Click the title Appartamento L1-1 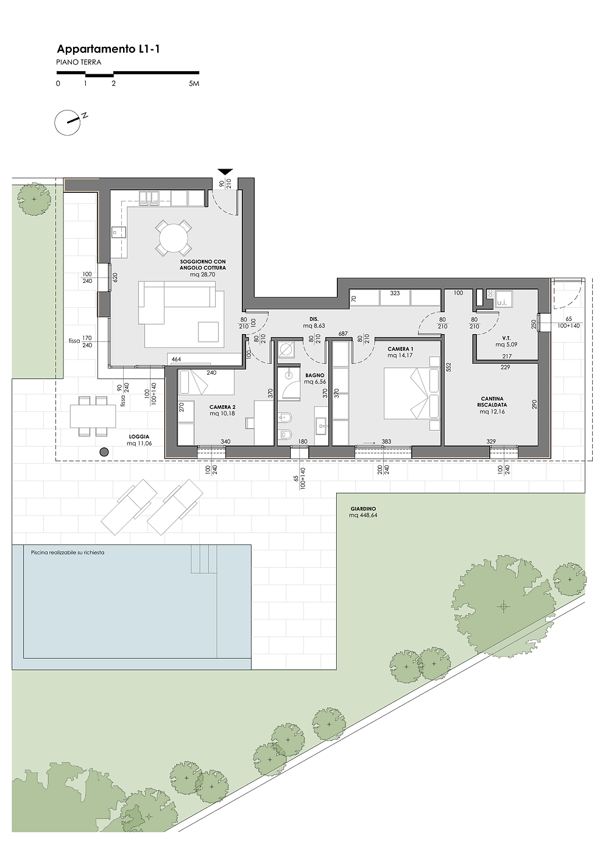(108, 49)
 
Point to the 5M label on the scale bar (194, 83)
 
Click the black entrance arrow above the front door (225, 172)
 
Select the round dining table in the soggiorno (174, 238)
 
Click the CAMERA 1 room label (400, 349)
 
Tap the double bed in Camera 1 (412, 393)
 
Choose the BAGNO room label (315, 375)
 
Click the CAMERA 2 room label (222, 407)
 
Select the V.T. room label (506, 338)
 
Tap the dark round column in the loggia (104, 452)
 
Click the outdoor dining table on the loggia (93, 416)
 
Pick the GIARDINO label (363, 508)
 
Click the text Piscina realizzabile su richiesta (68, 553)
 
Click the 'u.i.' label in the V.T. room (501, 302)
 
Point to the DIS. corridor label (314, 319)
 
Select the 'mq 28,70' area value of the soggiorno (202, 274)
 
